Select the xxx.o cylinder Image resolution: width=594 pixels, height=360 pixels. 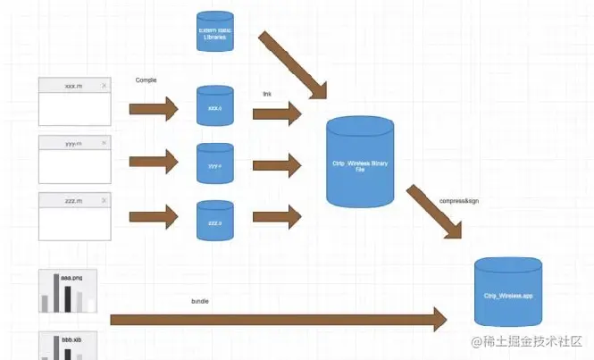214,106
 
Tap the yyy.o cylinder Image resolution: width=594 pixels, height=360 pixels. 214,163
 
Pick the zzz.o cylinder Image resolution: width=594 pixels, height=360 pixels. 214,219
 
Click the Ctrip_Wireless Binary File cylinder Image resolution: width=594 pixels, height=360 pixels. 360,165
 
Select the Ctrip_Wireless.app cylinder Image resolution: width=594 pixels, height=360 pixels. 508,292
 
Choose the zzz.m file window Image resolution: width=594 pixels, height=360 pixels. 75,215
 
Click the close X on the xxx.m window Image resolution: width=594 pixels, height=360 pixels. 105,86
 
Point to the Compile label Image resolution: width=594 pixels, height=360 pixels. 146,80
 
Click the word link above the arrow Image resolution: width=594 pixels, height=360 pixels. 267,94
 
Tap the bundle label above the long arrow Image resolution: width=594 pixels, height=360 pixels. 200,301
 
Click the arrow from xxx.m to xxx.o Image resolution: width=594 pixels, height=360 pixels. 155,109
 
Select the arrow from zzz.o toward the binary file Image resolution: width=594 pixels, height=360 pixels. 277,216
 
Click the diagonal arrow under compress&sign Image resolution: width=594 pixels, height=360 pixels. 434,213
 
